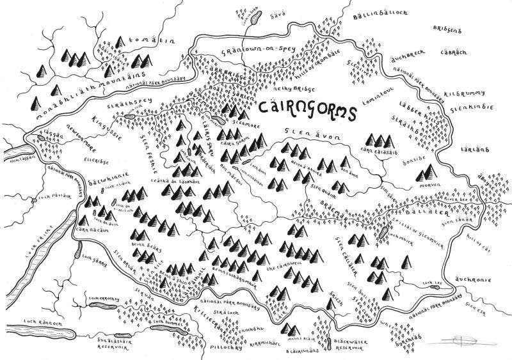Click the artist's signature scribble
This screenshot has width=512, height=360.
tap(440, 338)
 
